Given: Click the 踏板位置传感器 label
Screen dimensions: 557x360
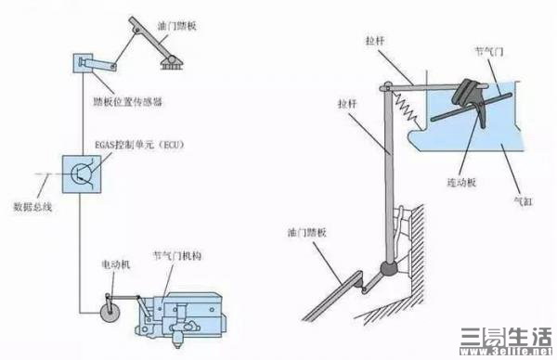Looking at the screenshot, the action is tap(127, 102).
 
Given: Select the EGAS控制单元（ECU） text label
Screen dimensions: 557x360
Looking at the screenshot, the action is tap(139, 145).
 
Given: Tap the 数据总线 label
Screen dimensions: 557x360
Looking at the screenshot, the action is tap(32, 207).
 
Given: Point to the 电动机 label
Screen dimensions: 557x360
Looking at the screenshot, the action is tap(116, 264).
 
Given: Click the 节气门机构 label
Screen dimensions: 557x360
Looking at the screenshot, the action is tap(177, 256).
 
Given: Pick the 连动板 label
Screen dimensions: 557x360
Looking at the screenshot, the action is tap(461, 183).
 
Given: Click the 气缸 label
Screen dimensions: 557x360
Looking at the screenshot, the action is tap(523, 201).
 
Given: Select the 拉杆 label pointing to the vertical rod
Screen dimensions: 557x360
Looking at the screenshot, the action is tap(347, 104).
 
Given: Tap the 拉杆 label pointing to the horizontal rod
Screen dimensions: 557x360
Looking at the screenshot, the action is tap(375, 41).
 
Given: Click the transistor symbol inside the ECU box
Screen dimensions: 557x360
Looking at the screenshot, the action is tap(82, 174).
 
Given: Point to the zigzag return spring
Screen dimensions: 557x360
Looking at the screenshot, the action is tap(408, 109).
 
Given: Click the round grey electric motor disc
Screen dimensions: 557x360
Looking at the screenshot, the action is tap(110, 313).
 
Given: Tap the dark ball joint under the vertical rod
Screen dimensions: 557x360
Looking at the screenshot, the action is tap(389, 269).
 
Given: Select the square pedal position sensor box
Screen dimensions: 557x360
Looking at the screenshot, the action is tap(84, 63).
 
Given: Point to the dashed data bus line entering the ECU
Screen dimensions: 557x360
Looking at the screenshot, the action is tap(48, 174).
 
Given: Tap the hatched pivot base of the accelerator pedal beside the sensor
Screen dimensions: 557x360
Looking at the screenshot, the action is tap(172, 63).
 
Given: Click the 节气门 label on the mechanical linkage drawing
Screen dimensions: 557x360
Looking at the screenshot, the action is tap(489, 52).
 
